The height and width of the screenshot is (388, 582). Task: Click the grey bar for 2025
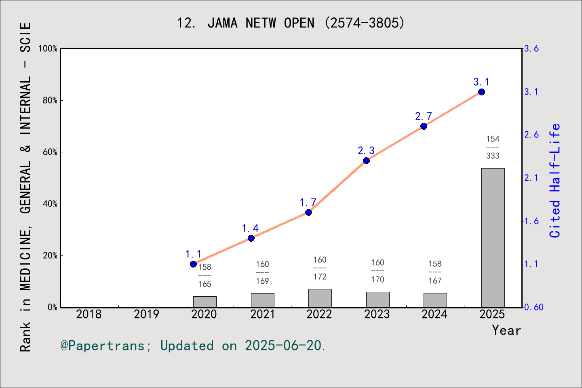(493, 238)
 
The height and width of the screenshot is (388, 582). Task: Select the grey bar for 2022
(320, 298)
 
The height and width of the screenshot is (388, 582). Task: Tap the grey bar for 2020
(205, 302)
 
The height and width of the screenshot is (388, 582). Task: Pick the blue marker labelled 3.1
(481, 92)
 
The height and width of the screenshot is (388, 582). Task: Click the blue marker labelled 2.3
(366, 161)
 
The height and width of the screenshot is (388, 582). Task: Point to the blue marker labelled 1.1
(193, 264)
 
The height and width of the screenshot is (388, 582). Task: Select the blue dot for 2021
(251, 238)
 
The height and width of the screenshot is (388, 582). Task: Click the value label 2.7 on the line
(424, 116)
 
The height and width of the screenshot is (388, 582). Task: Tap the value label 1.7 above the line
(308, 202)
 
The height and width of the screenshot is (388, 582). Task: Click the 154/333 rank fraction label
(493, 148)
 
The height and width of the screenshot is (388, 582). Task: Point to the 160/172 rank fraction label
(320, 268)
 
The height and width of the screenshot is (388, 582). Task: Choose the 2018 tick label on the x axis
(89, 314)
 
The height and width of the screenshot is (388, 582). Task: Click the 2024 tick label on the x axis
(435, 314)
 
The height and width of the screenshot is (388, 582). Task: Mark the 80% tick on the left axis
(50, 101)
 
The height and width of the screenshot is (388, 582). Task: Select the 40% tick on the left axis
(50, 204)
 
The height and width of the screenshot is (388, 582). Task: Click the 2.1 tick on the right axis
(531, 178)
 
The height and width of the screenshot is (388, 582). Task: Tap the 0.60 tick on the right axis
(533, 307)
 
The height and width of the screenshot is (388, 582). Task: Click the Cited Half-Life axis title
(555, 181)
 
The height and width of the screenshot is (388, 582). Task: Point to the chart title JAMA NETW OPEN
(291, 23)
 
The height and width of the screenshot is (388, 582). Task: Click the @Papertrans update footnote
(193, 346)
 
